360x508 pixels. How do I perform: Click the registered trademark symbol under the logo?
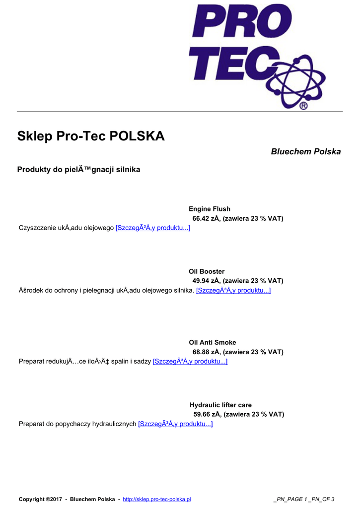click(x=303, y=106)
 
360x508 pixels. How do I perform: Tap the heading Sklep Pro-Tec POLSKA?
click(x=91, y=136)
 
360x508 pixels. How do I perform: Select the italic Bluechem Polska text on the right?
click(x=305, y=151)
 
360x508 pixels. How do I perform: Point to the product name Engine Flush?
click(x=209, y=209)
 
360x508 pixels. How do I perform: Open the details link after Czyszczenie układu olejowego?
click(x=152, y=228)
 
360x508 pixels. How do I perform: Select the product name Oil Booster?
click(x=207, y=271)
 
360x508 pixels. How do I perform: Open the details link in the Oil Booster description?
click(x=233, y=290)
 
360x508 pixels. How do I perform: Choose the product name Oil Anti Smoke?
click(x=212, y=342)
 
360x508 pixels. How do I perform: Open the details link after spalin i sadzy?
click(x=190, y=361)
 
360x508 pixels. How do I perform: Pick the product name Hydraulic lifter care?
click(x=220, y=405)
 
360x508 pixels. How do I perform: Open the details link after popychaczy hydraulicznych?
click(x=175, y=424)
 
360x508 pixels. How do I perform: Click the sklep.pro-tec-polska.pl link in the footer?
click(x=156, y=499)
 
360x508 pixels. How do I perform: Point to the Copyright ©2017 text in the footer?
click(x=40, y=499)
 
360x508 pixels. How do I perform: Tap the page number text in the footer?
click(x=303, y=499)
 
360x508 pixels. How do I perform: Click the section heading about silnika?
click(x=78, y=170)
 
